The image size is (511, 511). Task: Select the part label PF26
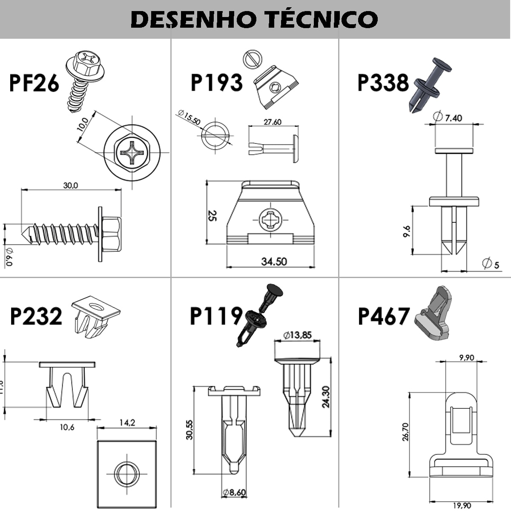coord(34,83)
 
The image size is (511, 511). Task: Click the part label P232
coord(36,316)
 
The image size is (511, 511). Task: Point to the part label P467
coord(384,316)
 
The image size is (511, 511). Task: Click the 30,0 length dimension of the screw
coord(71,186)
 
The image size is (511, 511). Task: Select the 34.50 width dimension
coord(274,261)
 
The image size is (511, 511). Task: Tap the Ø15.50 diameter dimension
coord(189,118)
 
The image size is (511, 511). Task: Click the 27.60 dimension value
coord(273,122)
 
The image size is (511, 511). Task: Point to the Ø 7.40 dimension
coord(447,117)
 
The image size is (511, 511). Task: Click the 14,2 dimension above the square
coord(127,422)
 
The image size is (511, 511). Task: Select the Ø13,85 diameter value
coord(298,335)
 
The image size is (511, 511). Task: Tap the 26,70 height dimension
coord(406,432)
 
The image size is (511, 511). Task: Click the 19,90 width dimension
coord(462,505)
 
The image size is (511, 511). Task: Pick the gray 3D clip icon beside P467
coord(432,314)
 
